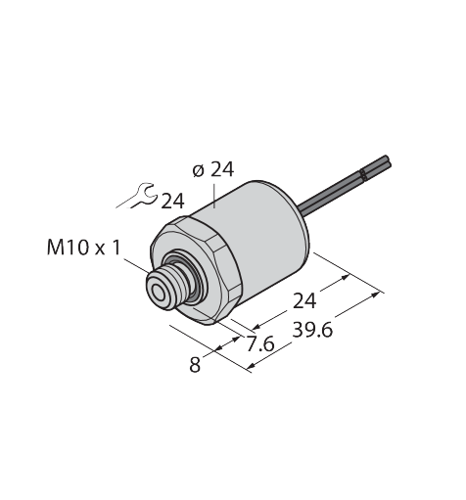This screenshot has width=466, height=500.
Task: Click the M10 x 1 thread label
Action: [84, 247]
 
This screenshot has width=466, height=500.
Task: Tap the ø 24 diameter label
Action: [213, 170]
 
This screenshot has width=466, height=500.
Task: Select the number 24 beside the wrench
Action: [173, 201]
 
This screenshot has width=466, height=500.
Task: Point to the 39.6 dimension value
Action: [312, 330]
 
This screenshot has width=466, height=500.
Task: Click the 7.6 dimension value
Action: [260, 343]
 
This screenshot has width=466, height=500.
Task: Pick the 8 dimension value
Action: [195, 364]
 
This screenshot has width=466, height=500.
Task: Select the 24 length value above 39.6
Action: [304, 300]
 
